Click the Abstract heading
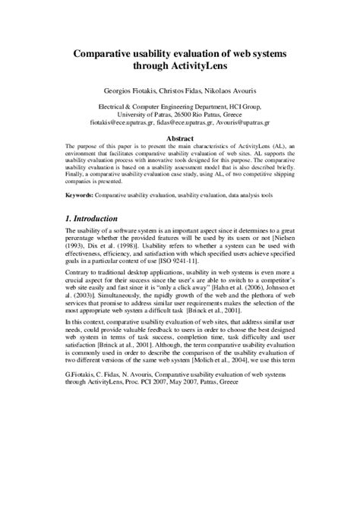tap(179, 138)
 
